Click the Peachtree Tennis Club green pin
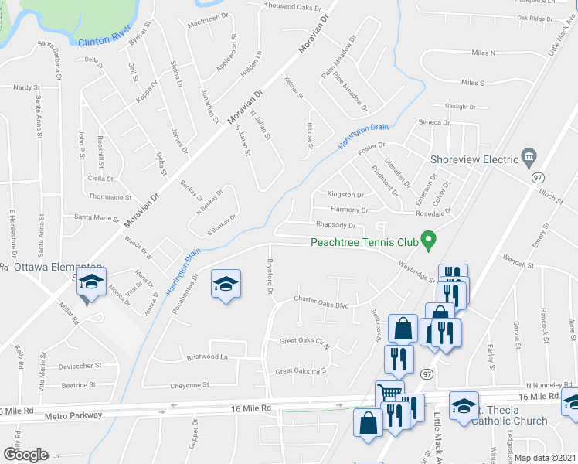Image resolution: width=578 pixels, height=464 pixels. (425, 239)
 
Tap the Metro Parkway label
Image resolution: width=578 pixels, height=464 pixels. (74, 415)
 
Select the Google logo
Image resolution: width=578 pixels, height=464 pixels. (25, 455)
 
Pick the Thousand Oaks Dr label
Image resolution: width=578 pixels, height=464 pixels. (292, 7)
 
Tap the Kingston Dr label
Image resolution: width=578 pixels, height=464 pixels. (345, 195)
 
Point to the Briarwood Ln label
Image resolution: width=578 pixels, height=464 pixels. (208, 357)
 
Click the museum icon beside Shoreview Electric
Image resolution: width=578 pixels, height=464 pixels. (529, 157)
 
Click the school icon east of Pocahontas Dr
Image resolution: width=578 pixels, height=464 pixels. (226, 284)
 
